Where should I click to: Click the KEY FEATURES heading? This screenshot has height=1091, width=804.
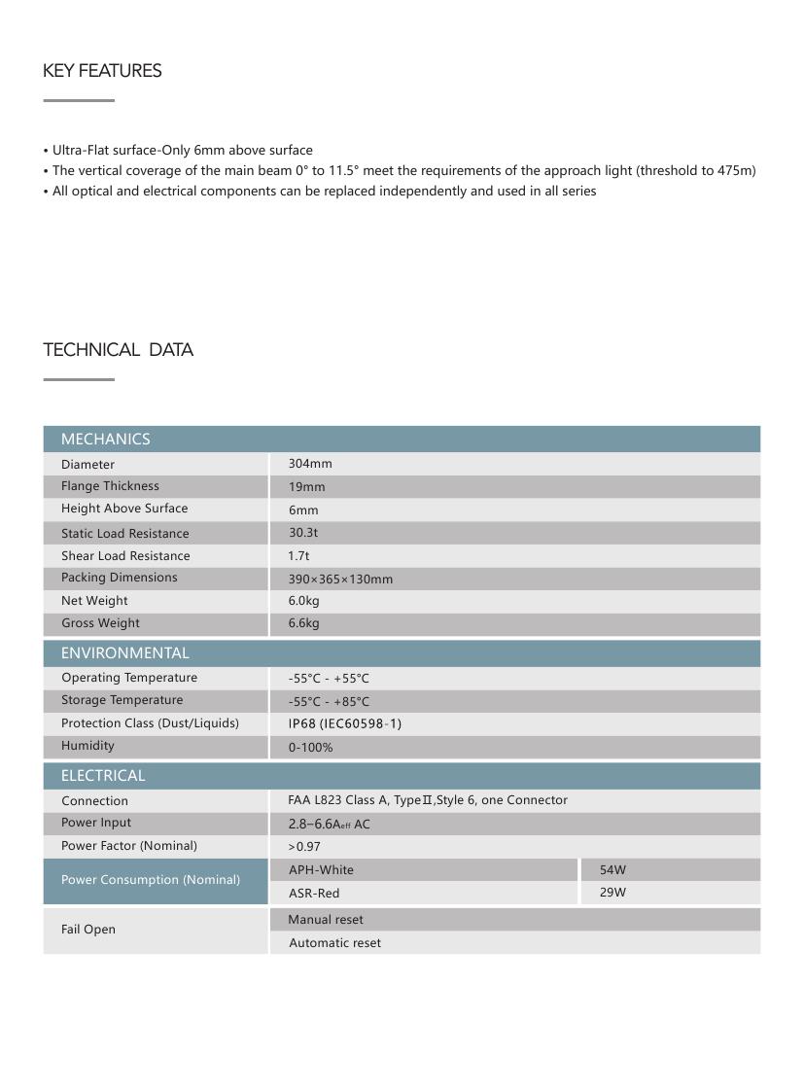pyautogui.click(x=102, y=71)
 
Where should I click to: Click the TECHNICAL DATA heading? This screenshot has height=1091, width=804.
pyautogui.click(x=118, y=350)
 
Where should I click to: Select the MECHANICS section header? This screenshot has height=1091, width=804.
pyautogui.click(x=105, y=440)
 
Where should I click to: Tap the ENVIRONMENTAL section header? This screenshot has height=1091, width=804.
pyautogui.click(x=124, y=653)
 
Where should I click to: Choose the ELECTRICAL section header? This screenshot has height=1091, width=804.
pyautogui.click(x=103, y=776)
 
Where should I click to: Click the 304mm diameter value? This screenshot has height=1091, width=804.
pyautogui.click(x=310, y=464)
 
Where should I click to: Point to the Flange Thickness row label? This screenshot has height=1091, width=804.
pyautogui.click(x=110, y=486)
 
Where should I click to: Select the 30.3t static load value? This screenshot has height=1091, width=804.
pyautogui.click(x=302, y=533)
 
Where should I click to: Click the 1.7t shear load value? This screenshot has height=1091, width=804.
pyautogui.click(x=298, y=556)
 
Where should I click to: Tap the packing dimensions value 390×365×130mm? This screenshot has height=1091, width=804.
pyautogui.click(x=340, y=580)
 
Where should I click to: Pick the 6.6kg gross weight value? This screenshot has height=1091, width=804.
pyautogui.click(x=303, y=623)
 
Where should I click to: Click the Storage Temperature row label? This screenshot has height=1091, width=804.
pyautogui.click(x=122, y=700)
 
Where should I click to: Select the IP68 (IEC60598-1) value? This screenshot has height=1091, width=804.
pyautogui.click(x=344, y=723)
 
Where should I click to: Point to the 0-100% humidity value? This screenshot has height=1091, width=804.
pyautogui.click(x=310, y=748)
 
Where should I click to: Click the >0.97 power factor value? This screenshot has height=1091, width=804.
pyautogui.click(x=304, y=847)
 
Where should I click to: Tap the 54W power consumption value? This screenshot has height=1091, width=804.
pyautogui.click(x=612, y=870)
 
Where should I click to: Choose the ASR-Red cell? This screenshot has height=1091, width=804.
pyautogui.click(x=314, y=894)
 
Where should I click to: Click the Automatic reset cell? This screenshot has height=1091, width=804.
pyautogui.click(x=334, y=943)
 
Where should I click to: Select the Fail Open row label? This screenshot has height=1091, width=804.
pyautogui.click(x=88, y=930)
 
